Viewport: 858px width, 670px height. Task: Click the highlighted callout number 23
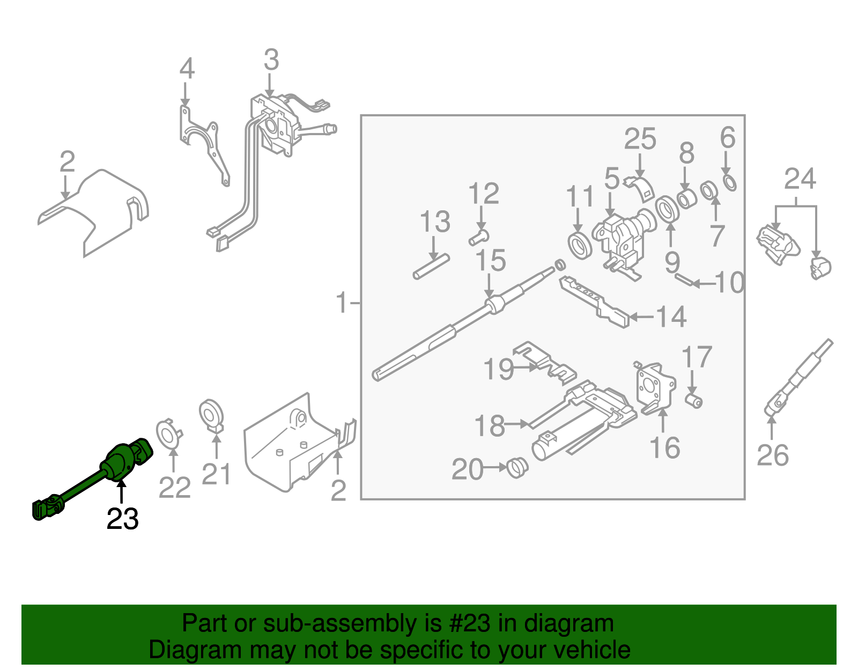pos(122,519)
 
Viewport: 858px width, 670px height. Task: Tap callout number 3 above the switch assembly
pos(271,60)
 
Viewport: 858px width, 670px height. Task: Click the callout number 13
pos(434,222)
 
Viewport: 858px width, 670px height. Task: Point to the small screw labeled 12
pos(479,236)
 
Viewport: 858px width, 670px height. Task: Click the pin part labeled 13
pos(431,267)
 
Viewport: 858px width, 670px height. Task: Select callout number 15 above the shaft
pos(491,261)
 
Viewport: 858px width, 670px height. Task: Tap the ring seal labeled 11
pos(580,246)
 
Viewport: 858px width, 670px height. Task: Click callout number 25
pos(640,139)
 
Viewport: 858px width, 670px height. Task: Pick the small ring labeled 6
pos(730,182)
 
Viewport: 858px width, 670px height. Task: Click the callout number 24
pos(800,179)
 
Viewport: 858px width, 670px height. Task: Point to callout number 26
pos(773,455)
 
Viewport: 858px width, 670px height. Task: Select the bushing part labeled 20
pos(517,468)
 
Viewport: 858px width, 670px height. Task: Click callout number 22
pos(175,488)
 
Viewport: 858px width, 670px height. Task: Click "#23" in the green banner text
pos(465,623)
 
